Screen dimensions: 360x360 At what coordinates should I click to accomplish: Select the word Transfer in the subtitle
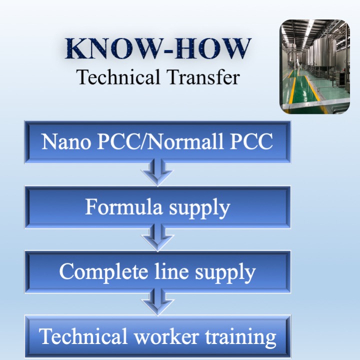point(202,77)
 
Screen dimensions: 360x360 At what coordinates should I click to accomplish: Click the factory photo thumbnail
point(314,67)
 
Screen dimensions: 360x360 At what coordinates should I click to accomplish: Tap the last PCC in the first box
point(251,141)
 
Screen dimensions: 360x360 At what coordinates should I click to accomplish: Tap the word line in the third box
point(167,271)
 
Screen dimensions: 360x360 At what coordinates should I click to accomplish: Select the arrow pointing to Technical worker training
point(157,302)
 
